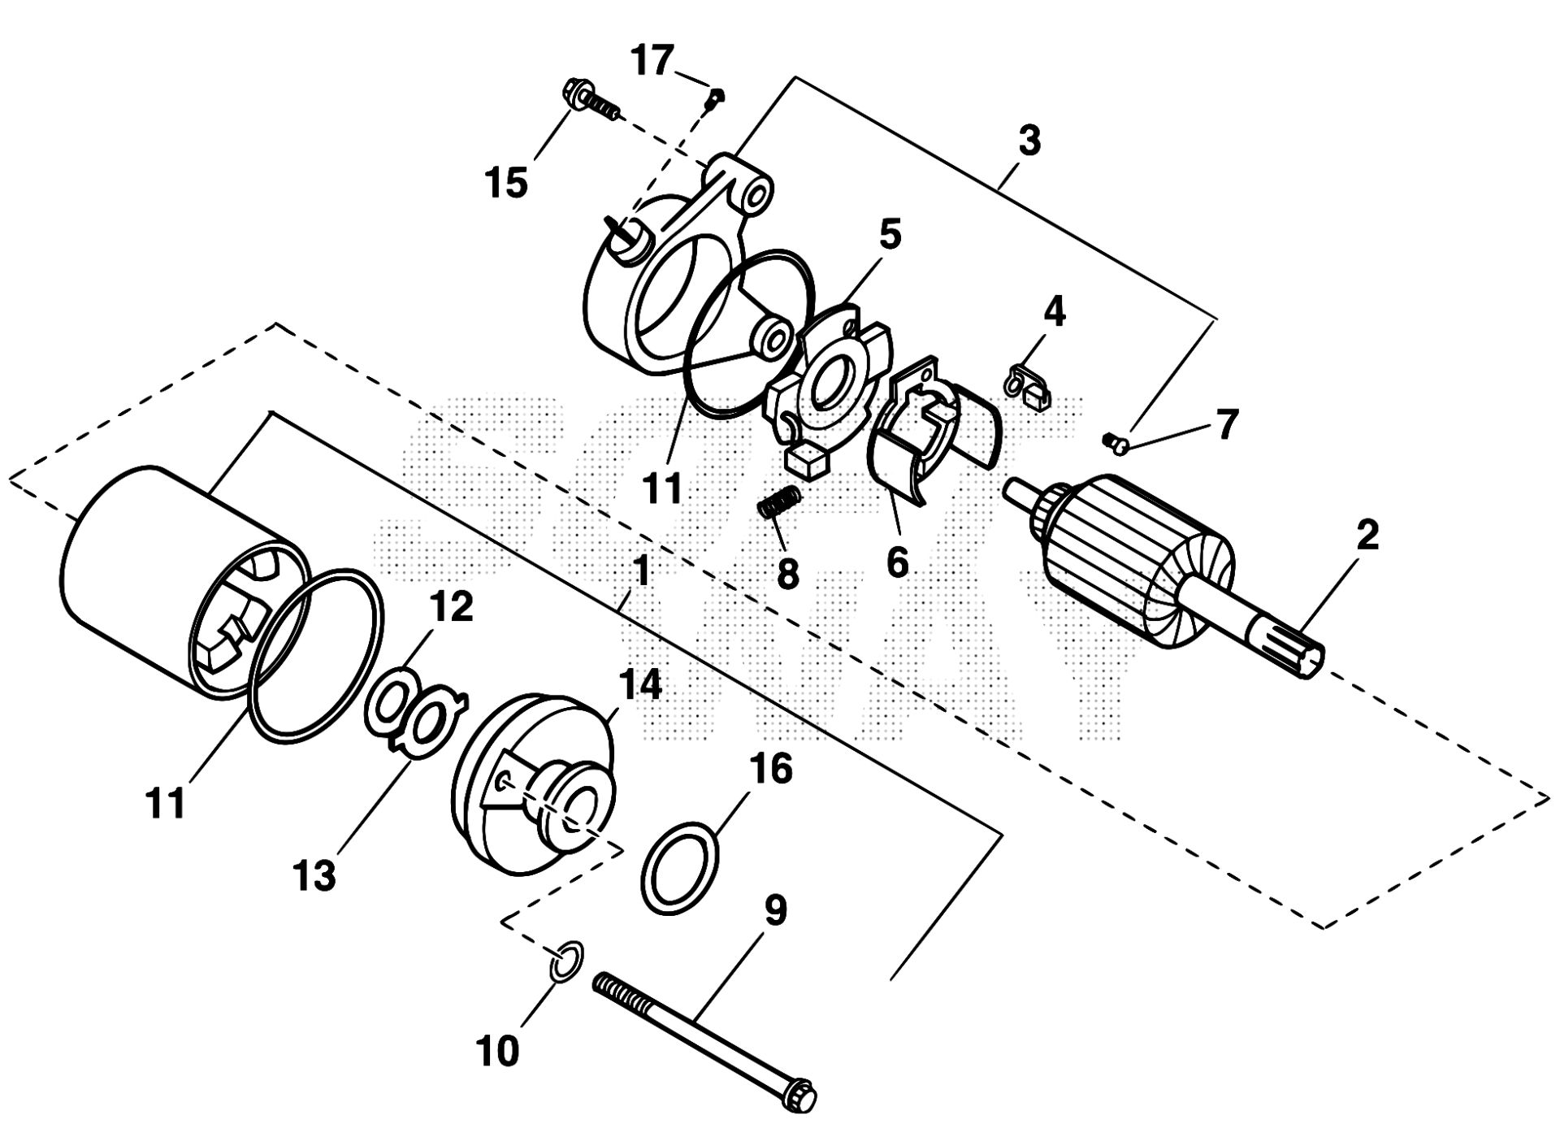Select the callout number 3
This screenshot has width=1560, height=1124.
(1029, 141)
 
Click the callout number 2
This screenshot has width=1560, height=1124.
(1367, 537)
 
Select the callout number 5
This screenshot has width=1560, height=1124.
(890, 234)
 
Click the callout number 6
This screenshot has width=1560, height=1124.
(896, 562)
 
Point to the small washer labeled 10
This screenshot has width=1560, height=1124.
(566, 959)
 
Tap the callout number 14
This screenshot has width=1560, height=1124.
(640, 684)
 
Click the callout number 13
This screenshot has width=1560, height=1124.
(314, 875)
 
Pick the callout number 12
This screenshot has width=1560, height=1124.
(452, 605)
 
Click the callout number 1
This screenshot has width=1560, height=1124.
(641, 571)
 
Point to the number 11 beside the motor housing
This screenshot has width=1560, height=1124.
(166, 802)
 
